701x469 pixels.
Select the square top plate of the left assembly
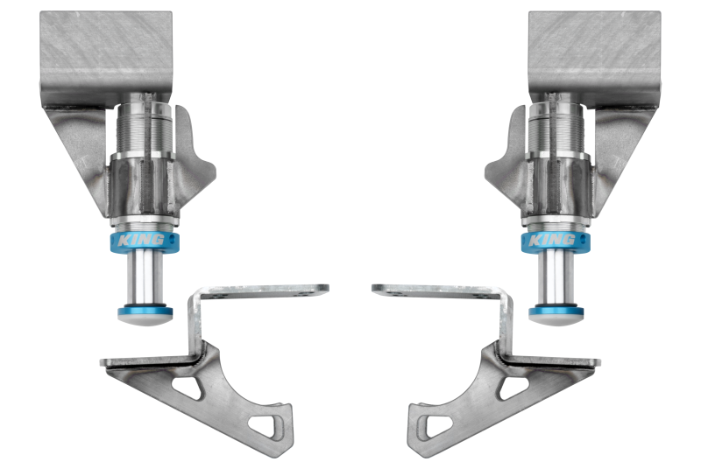pos(106,48)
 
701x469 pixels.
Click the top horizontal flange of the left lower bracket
pos(263,290)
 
